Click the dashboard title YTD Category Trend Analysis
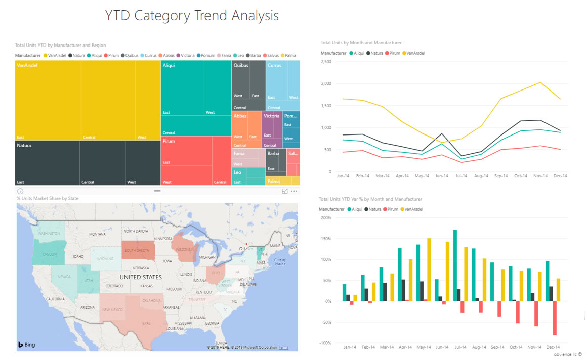point(192,16)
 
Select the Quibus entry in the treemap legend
point(131,55)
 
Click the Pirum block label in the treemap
point(169,141)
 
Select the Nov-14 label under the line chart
point(540,176)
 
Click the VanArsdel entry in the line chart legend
point(413,53)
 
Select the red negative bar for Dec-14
point(555,318)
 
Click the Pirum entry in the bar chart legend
point(393,209)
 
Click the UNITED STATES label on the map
point(141,277)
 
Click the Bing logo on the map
point(27,345)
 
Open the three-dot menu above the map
point(294,191)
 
